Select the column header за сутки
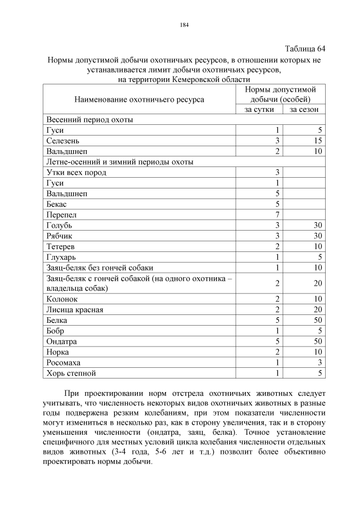click(x=259, y=109)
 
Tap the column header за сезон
click(x=304, y=109)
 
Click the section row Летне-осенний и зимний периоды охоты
click(x=120, y=162)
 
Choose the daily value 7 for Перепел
click(x=277, y=215)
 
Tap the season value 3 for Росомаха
click(x=319, y=363)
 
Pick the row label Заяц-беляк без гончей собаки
click(x=100, y=268)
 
